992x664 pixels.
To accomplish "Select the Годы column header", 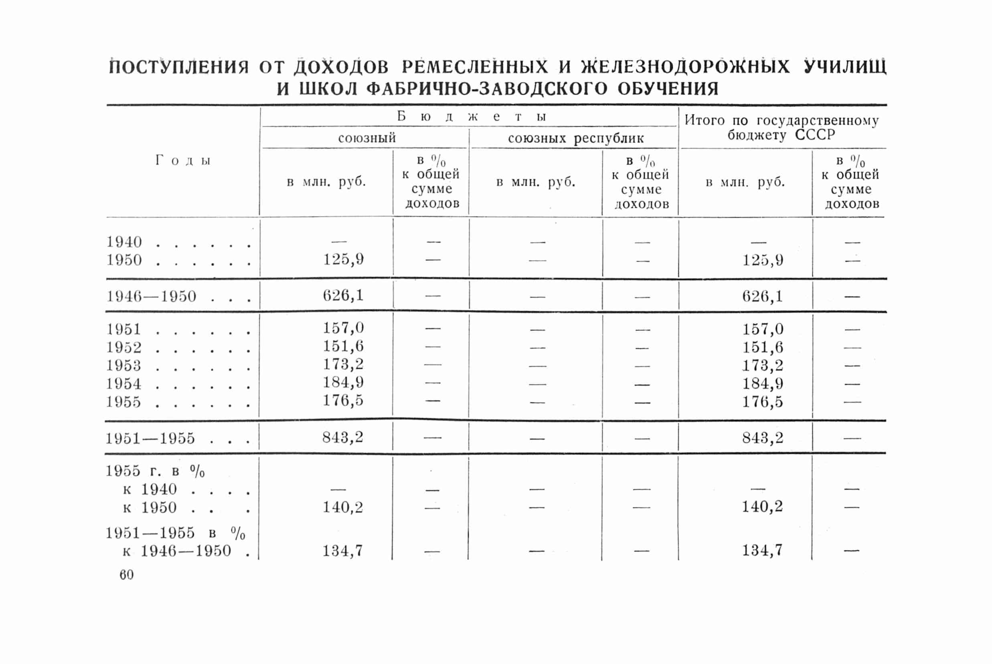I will tap(183, 161).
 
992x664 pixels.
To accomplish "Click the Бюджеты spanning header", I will tap(471, 116).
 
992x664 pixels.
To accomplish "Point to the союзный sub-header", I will tap(366, 138).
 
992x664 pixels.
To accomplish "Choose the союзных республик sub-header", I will tap(576, 138).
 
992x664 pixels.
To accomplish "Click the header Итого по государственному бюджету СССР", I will tap(781, 128).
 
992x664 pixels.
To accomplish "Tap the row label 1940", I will tap(124, 242).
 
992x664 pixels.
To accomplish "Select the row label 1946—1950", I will tap(151, 296).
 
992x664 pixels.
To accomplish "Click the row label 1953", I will tap(123, 365).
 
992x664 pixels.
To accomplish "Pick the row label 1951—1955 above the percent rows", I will tap(150, 438).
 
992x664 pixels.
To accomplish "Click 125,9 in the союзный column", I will tap(343, 259).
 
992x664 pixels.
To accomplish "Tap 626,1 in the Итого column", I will tap(763, 296).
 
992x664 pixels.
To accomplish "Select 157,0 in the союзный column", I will tap(343, 328).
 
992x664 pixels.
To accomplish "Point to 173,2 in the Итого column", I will tap(763, 365).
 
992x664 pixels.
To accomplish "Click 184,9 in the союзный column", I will tap(343, 383).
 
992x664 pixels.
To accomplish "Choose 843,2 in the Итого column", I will tap(763, 438).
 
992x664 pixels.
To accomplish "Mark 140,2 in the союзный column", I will tap(343, 507).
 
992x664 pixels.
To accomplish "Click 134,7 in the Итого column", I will tap(762, 551).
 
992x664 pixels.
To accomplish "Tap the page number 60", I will tap(127, 575).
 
